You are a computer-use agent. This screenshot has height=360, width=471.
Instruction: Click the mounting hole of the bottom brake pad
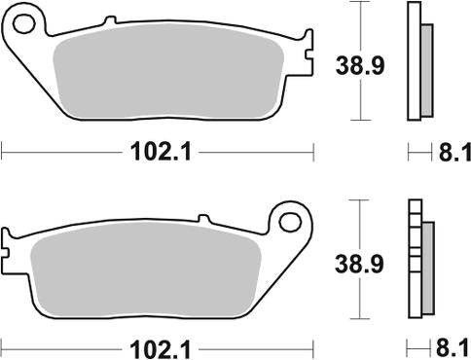[289, 221]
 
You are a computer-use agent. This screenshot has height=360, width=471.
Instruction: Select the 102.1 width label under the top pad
[157, 151]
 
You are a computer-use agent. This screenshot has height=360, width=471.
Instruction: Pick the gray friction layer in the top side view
[426, 68]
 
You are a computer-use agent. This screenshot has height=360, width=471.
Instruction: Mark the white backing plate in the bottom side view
[413, 263]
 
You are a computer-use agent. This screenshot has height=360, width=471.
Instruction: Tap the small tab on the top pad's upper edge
[110, 19]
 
